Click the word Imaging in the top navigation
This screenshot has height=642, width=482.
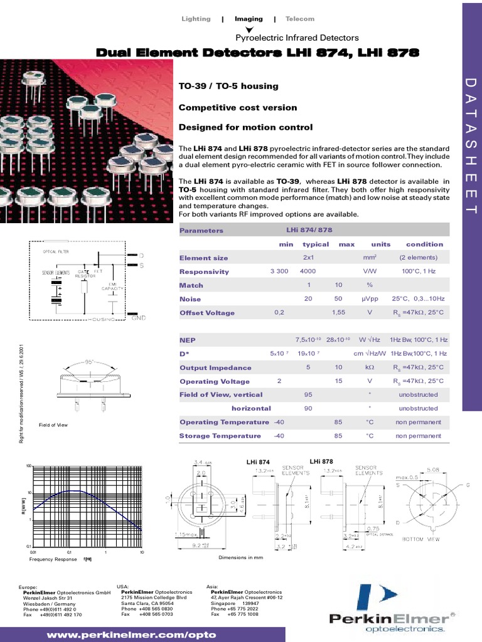tap(249, 19)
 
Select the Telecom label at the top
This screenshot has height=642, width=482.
tap(299, 19)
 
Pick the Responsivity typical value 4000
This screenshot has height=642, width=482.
tap(308, 271)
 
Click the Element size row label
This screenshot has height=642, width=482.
tap(203, 258)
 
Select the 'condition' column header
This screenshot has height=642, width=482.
tap(424, 245)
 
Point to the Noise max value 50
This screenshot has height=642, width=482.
tap(338, 299)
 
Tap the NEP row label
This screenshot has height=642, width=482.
tap(188, 340)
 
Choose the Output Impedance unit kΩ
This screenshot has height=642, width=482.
tap(370, 367)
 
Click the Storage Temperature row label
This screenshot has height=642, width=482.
tap(220, 436)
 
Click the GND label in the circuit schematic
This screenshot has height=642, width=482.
tap(138, 318)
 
